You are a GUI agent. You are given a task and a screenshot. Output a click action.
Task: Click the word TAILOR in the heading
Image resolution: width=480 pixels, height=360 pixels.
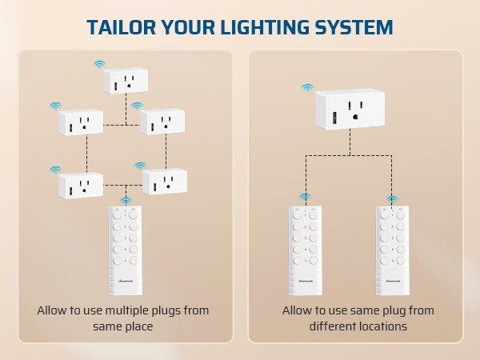pos(123,27)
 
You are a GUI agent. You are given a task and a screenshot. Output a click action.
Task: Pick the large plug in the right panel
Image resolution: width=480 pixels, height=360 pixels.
pos(351,110)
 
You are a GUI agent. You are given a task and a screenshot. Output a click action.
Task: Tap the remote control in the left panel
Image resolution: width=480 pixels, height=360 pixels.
pos(125,250)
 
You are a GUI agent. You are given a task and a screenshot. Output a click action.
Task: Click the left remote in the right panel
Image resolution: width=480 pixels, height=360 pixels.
pos(305,250)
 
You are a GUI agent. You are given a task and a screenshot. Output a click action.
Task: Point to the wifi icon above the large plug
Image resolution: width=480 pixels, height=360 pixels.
pos(307,86)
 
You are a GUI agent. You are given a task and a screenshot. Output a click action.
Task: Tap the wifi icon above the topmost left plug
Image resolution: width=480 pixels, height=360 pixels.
pos(99,62)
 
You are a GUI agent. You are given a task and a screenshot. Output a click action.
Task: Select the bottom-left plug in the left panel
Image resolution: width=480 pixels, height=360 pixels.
pos(81,186)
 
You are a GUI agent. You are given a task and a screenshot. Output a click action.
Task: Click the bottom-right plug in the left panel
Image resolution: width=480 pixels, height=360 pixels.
pos(165,182)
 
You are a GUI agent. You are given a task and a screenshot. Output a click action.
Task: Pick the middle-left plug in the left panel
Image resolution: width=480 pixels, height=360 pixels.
pos(81,123)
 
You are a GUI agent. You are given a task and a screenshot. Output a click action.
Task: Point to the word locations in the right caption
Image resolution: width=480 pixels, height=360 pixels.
pos(377,326)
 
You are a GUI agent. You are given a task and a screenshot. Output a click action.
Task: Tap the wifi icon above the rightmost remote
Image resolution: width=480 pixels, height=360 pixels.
pos(391,198)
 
